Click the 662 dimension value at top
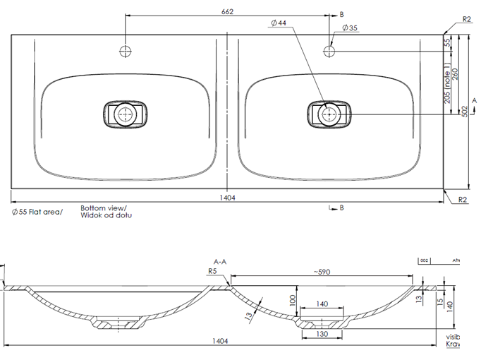pos(226,11)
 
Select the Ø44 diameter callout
pos(278,23)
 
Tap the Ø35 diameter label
pos(351,28)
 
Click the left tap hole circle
pos(125,51)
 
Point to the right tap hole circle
pos(330,51)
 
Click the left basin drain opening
pos(126,114)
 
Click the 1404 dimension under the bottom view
pos(227,198)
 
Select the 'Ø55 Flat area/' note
pos(37,211)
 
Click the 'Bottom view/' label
pos(103,208)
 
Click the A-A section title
pos(221,261)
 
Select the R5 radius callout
pos(212,270)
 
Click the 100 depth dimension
pos(292,299)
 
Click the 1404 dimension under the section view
pos(221,341)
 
